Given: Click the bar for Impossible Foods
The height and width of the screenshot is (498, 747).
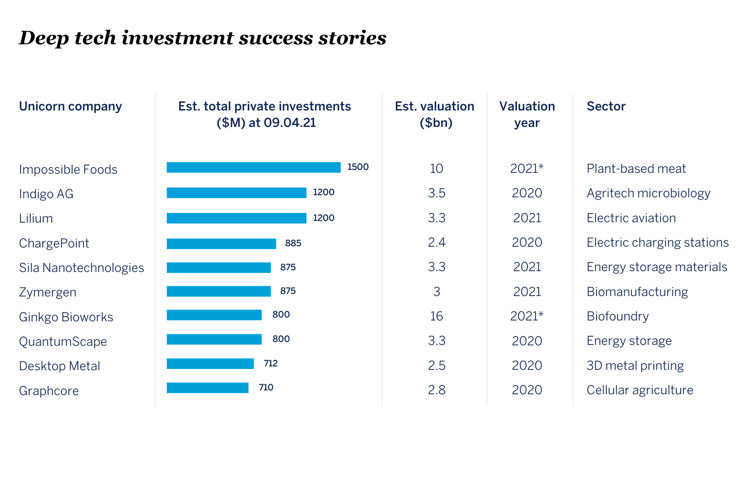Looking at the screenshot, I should (x=253, y=167).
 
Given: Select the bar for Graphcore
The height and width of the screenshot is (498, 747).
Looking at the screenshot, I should (x=207, y=388).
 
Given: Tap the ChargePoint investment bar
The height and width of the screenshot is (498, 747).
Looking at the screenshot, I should (x=221, y=244).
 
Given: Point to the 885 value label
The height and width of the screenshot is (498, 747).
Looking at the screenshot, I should (x=293, y=243).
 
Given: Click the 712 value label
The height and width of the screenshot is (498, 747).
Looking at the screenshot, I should (x=271, y=363).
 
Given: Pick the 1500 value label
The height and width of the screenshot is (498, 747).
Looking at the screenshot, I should (x=358, y=167).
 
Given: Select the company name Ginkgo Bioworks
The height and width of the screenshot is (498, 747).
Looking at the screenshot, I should (x=66, y=317).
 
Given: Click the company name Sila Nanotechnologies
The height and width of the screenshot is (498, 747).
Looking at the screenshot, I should (x=81, y=268).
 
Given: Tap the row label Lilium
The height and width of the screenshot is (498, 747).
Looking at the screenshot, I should (x=36, y=218).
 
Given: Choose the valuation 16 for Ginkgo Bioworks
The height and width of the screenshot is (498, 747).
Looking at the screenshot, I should (x=436, y=316).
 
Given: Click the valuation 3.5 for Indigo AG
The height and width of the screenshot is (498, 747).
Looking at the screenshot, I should (x=436, y=193).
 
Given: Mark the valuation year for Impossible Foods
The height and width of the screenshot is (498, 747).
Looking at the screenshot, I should (x=527, y=169).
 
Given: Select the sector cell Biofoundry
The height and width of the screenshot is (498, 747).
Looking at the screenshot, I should (x=618, y=316).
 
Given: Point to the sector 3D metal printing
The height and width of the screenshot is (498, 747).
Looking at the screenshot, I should (x=635, y=366).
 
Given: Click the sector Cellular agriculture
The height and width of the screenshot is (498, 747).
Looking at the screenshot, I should (x=640, y=390).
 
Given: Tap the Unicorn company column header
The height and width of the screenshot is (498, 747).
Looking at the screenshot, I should (x=70, y=106).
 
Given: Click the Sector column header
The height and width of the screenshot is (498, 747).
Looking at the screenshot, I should (x=606, y=106).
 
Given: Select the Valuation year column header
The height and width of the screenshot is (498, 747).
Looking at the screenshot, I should (x=527, y=114).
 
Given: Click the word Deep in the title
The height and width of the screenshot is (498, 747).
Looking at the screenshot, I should (x=44, y=38).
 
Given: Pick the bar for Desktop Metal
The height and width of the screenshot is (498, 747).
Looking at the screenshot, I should (x=210, y=363).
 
